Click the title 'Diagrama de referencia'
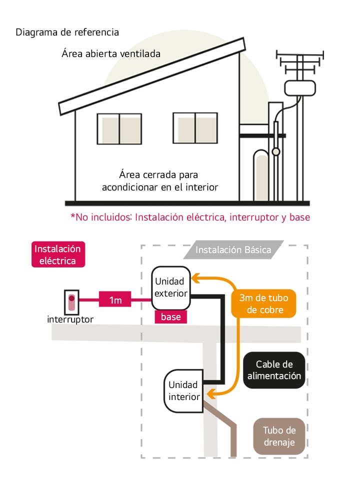tap(67, 32)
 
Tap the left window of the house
tap(119, 128)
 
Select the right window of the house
tap(195, 128)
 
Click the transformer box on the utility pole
tap(300, 88)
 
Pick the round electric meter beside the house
tap(275, 151)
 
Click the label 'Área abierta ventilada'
tap(111, 53)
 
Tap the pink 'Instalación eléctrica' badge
tap(57, 254)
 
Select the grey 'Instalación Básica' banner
tap(233, 250)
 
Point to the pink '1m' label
tap(115, 300)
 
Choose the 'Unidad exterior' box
tap(171, 288)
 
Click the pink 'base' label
tap(170, 316)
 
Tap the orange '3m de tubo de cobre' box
tap(263, 303)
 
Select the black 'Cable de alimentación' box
tap(274, 370)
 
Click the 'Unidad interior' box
tap(183, 391)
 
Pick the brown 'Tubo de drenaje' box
tap(279, 436)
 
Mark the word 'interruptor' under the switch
tap(70, 319)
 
